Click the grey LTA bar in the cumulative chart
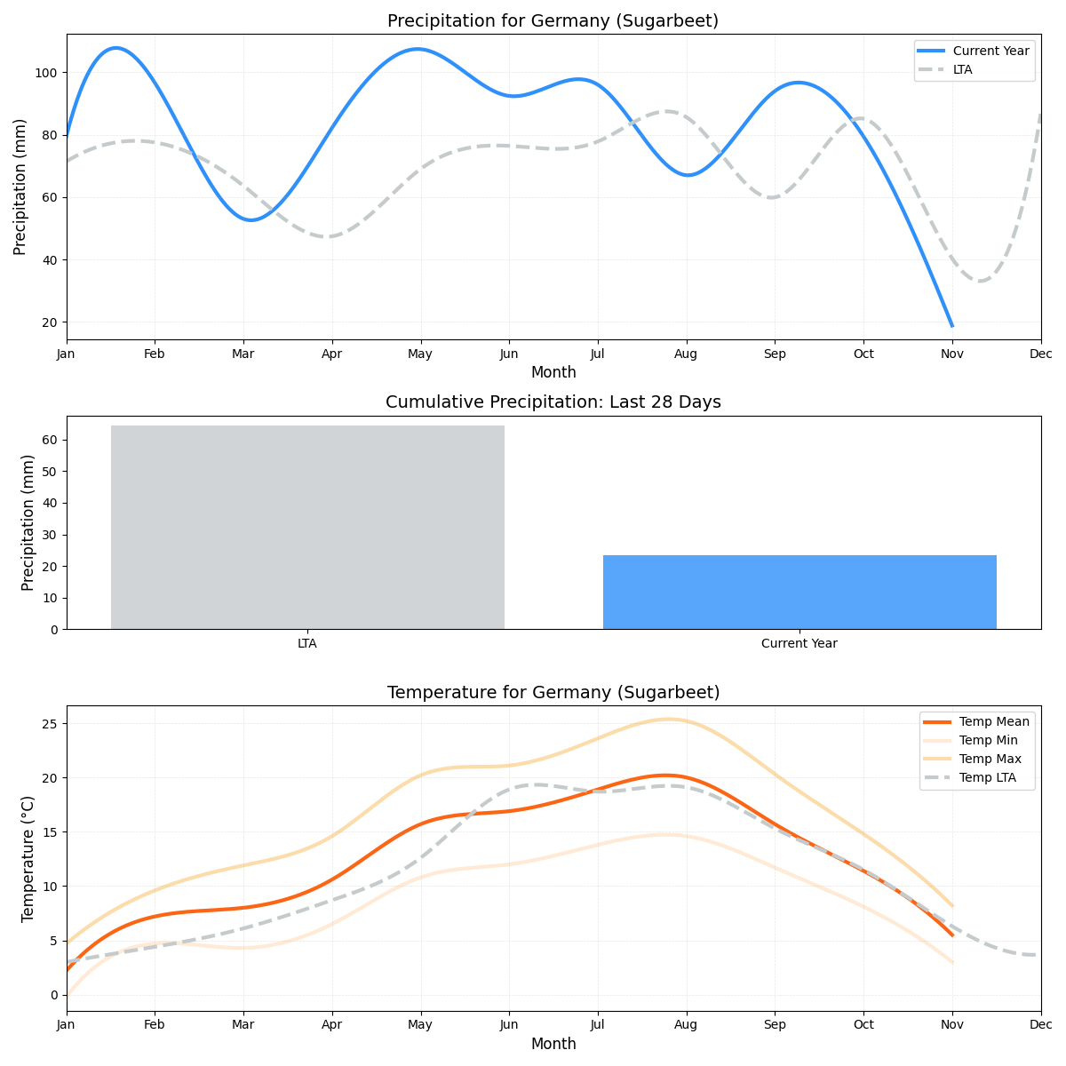pyautogui.click(x=307, y=528)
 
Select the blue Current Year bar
pyautogui.click(x=799, y=592)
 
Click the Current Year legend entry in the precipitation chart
pyautogui.click(x=990, y=51)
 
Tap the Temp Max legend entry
pyautogui.click(x=990, y=759)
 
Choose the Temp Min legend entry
pyautogui.click(x=988, y=740)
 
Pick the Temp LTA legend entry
pyautogui.click(x=987, y=777)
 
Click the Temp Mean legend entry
pyautogui.click(x=994, y=721)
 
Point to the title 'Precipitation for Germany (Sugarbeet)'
pyautogui.click(x=553, y=20)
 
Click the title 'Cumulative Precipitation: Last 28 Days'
pyautogui.click(x=553, y=402)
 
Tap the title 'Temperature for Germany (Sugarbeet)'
pyautogui.click(x=553, y=692)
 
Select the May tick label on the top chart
pyautogui.click(x=420, y=354)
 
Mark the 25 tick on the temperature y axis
pyautogui.click(x=50, y=724)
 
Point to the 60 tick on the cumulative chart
pyautogui.click(x=50, y=440)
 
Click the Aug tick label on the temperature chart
pyautogui.click(x=686, y=1025)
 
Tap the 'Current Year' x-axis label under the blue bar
pyautogui.click(x=799, y=643)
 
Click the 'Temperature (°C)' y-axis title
pyautogui.click(x=28, y=858)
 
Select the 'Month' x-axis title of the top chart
pyautogui.click(x=553, y=372)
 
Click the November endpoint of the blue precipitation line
pyautogui.click(x=951, y=326)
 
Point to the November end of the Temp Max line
pyautogui.click(x=952, y=906)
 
